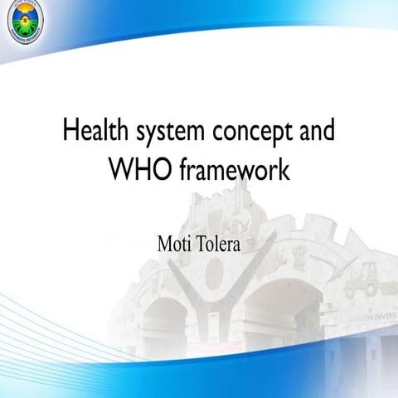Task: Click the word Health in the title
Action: [x=95, y=133]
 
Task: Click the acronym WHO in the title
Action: [x=138, y=171]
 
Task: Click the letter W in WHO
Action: [x=121, y=171]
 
